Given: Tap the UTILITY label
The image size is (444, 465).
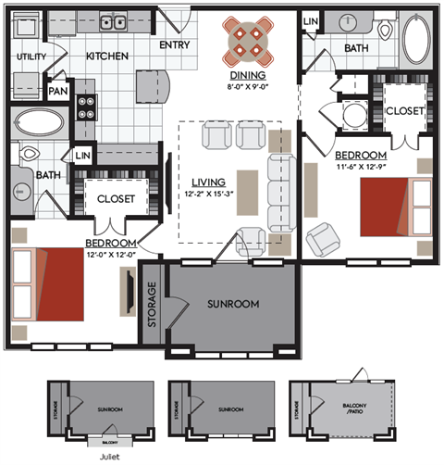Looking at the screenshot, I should [31, 57].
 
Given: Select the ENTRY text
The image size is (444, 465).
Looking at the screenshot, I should [176, 44].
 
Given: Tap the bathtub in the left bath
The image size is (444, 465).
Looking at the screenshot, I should [39, 123].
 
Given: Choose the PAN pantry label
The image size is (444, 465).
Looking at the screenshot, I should [57, 91].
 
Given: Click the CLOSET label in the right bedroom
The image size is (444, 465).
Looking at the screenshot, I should [404, 110].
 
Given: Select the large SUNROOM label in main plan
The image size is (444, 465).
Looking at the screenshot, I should [232, 304].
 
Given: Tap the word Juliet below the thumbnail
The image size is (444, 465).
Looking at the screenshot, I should [109, 455].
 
